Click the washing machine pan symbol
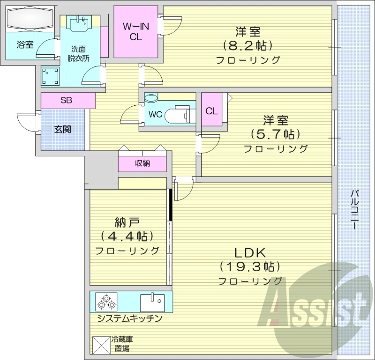click(50, 75)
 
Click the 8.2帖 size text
click(248, 46)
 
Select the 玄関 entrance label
click(62, 129)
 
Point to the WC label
click(156, 114)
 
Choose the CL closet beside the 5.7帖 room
click(211, 111)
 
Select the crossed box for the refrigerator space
click(100, 346)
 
